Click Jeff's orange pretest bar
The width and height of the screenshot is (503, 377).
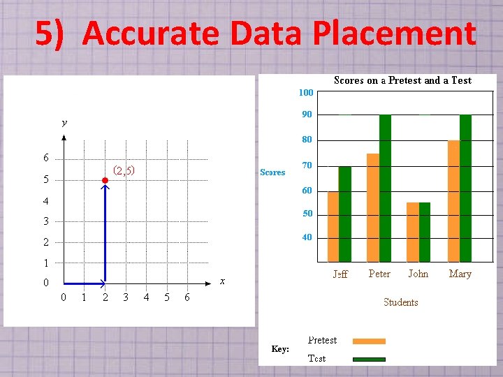click(x=333, y=226)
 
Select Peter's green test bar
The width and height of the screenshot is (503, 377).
click(x=385, y=188)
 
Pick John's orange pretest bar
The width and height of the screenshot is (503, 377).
click(x=412, y=232)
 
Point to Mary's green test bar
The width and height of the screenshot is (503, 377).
click(x=466, y=188)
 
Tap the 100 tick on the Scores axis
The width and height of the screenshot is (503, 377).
click(x=306, y=93)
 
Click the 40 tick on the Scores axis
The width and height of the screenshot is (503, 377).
click(x=307, y=237)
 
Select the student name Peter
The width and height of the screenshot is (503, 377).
click(x=379, y=274)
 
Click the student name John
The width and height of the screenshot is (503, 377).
click(x=418, y=274)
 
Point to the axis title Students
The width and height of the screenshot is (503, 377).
click(x=400, y=302)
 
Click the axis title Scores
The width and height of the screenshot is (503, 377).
click(x=272, y=172)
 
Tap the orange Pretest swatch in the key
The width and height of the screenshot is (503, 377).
click(x=369, y=341)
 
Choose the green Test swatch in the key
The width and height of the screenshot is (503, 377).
click(x=369, y=360)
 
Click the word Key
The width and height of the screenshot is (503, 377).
click(x=280, y=349)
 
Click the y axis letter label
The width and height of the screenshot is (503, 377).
click(x=64, y=123)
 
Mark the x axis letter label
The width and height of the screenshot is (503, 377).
click(x=222, y=281)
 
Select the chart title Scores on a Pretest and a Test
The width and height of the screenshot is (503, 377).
click(x=402, y=80)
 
